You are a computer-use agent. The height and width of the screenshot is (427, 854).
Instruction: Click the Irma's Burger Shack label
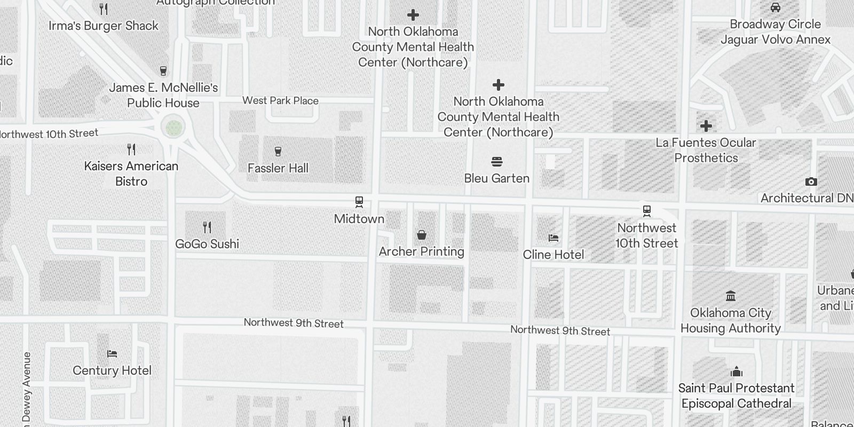pyautogui.click(x=104, y=26)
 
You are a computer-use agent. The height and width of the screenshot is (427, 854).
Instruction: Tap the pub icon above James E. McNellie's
pyautogui.click(x=163, y=71)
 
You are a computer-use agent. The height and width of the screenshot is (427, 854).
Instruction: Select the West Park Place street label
pyautogui.click(x=280, y=100)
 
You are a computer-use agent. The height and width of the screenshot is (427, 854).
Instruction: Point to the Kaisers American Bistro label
pyautogui.click(x=131, y=173)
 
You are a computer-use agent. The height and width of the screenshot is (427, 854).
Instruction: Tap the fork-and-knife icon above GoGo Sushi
pyautogui.click(x=207, y=227)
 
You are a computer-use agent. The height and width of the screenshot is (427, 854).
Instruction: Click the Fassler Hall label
pyautogui.click(x=278, y=168)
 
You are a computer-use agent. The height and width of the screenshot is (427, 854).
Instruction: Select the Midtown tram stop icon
pyautogui.click(x=359, y=202)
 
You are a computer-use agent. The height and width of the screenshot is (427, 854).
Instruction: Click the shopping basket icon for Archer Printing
pyautogui.click(x=422, y=235)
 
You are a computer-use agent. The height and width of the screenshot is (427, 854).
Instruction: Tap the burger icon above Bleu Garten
pyautogui.click(x=497, y=162)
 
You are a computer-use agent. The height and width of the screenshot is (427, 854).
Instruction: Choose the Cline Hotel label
pyautogui.click(x=553, y=255)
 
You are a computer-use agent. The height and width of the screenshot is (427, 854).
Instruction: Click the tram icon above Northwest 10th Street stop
pyautogui.click(x=647, y=211)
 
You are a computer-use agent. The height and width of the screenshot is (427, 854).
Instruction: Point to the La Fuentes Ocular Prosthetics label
pyautogui.click(x=706, y=150)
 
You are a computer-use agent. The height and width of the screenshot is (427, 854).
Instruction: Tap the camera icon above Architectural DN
pyautogui.click(x=811, y=182)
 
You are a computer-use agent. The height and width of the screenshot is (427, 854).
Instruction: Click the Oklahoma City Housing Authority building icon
pyautogui.click(x=731, y=296)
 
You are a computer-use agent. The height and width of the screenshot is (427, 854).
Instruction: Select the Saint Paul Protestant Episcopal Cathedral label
pyautogui.click(x=737, y=396)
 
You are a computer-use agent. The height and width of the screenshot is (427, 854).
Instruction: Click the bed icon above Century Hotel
pyautogui.click(x=112, y=353)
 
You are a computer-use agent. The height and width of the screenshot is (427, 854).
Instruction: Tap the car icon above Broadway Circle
pyautogui.click(x=776, y=8)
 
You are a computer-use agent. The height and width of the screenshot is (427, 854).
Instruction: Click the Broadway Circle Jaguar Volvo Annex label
pyautogui.click(x=776, y=31)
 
